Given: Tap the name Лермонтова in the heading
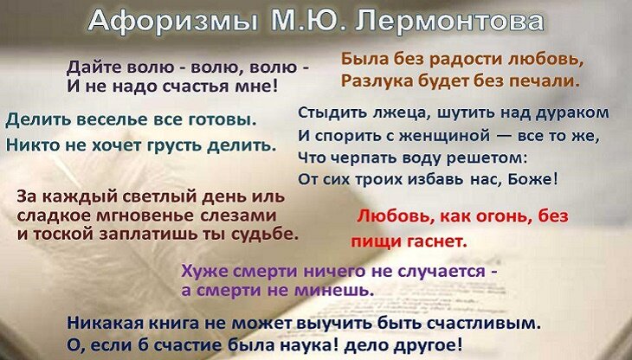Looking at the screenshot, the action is coord(449,21).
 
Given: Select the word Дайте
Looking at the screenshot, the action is coord(94,67).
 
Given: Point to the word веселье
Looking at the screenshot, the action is coord(106,119).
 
